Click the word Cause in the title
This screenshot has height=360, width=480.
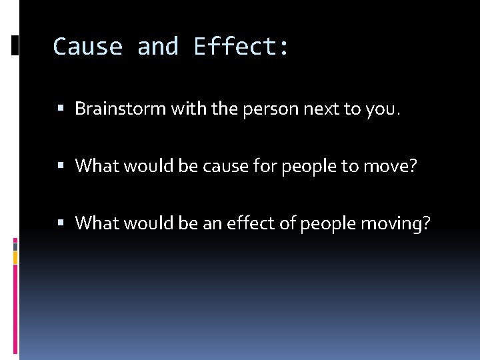tap(87, 47)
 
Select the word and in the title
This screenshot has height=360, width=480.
tap(158, 47)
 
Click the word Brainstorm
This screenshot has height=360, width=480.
tap(121, 109)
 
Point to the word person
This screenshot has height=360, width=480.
tap(267, 109)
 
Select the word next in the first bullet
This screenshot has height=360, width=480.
tap(321, 109)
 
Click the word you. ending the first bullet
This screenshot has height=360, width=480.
tap(383, 109)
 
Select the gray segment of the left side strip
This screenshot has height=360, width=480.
tap(15, 256)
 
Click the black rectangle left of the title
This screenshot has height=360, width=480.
tap(15, 45)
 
